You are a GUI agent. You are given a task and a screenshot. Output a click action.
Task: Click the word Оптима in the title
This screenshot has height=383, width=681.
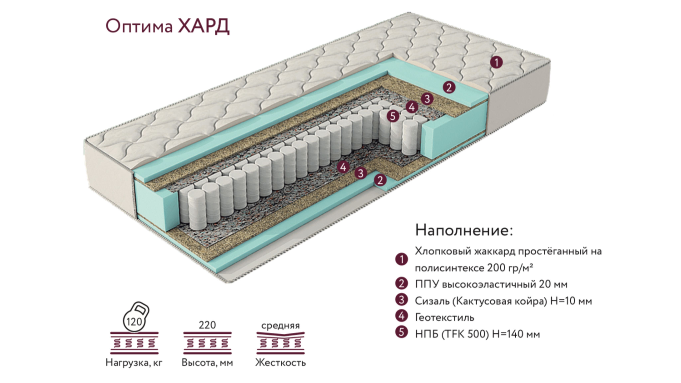pos(139,27)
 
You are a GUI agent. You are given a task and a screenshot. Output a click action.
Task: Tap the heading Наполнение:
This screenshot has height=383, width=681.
pos(464,230)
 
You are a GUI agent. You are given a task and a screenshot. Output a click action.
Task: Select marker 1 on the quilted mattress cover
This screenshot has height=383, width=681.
pos(496,63)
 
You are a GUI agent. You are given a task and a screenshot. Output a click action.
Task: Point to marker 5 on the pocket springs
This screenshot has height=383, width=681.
pos(393,116)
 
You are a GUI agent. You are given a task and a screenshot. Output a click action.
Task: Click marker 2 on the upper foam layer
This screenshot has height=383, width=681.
pos(449,87)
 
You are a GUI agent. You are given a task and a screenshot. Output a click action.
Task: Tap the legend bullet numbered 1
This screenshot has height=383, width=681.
pos(402,259)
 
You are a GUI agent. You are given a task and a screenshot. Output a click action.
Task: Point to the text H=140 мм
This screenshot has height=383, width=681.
pos(516,334)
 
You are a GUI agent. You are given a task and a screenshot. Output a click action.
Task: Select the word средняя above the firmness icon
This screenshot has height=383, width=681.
pos(280,325)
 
